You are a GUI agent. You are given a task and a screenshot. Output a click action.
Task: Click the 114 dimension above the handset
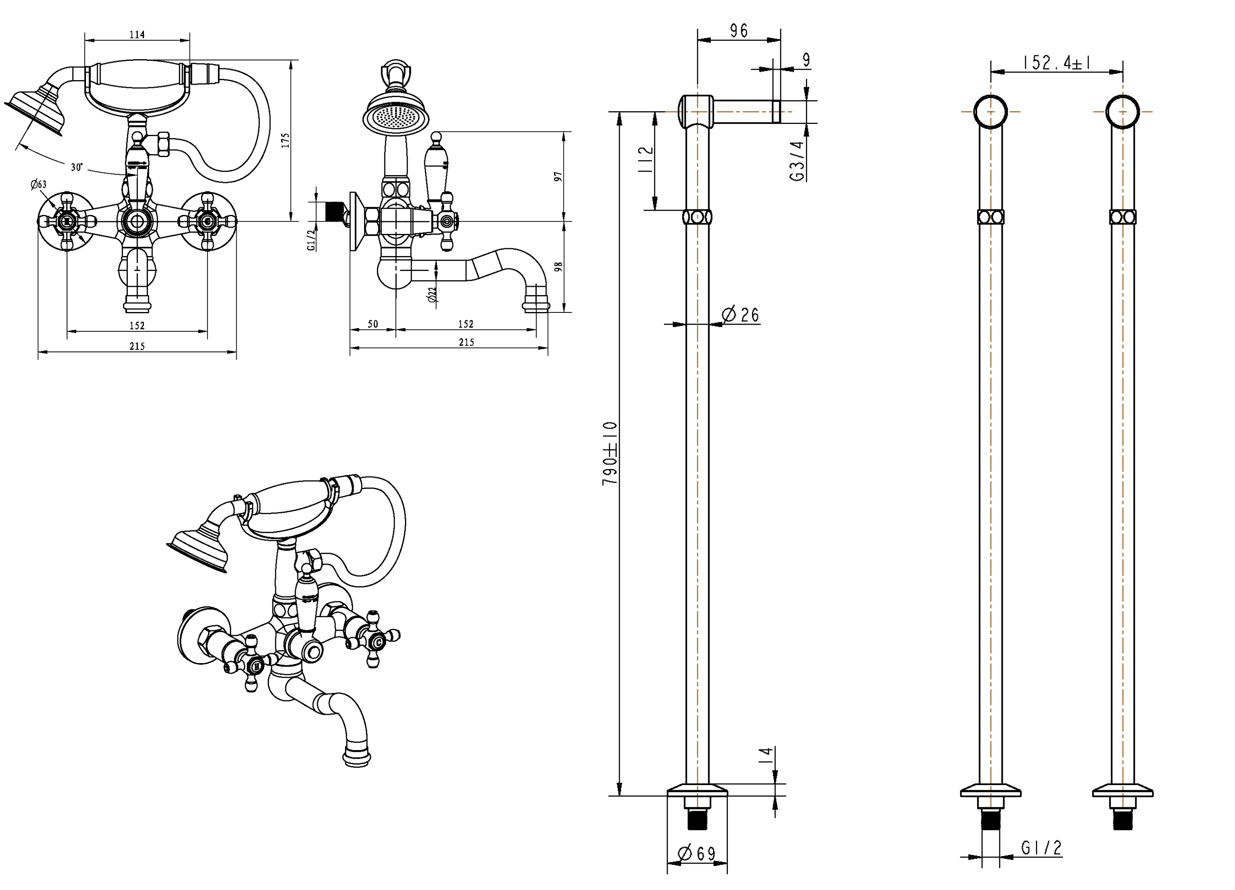137,35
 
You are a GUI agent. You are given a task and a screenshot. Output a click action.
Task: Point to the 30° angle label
77,167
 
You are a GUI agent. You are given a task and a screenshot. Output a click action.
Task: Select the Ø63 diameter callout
38,185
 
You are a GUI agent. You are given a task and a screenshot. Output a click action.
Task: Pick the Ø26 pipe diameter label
740,314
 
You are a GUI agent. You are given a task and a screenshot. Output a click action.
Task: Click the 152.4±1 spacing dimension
1056,63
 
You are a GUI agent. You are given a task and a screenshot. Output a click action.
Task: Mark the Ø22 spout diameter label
433,295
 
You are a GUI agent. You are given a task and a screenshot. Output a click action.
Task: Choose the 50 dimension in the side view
373,324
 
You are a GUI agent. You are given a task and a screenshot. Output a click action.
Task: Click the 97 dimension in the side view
558,176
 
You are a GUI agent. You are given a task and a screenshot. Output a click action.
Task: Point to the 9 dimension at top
806,60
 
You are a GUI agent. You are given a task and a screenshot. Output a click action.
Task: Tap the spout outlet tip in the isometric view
357,758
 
